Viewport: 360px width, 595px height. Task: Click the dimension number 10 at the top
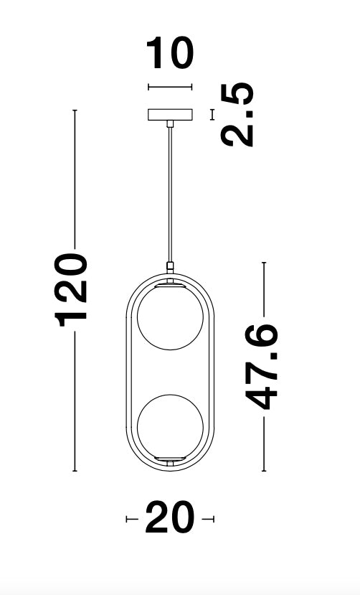pyautogui.click(x=170, y=55)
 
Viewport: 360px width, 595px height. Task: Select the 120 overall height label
pyautogui.click(x=74, y=288)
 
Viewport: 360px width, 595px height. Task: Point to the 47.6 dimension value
pyautogui.click(x=263, y=366)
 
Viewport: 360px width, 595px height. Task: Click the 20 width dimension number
pyautogui.click(x=170, y=518)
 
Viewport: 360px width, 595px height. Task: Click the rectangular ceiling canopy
pyautogui.click(x=170, y=115)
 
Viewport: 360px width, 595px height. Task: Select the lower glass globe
pyautogui.click(x=170, y=428)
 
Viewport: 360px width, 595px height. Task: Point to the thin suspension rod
pyautogui.click(x=170, y=194)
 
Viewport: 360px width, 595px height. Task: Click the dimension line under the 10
pyautogui.click(x=170, y=87)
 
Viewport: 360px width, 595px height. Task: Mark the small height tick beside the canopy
pyautogui.click(x=212, y=114)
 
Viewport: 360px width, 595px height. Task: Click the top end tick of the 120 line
pyautogui.click(x=75, y=111)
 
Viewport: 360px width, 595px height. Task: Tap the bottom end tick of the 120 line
pyautogui.click(x=75, y=471)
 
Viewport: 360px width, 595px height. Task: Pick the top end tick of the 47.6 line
pyautogui.click(x=264, y=263)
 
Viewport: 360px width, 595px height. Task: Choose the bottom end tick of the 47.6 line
pyautogui.click(x=264, y=471)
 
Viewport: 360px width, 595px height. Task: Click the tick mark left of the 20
pyautogui.click(x=128, y=518)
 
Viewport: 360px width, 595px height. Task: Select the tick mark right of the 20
pyautogui.click(x=212, y=518)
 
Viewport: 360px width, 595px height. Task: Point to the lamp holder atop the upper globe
pyautogui.click(x=170, y=285)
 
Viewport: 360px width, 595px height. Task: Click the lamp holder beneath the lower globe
pyautogui.click(x=170, y=459)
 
